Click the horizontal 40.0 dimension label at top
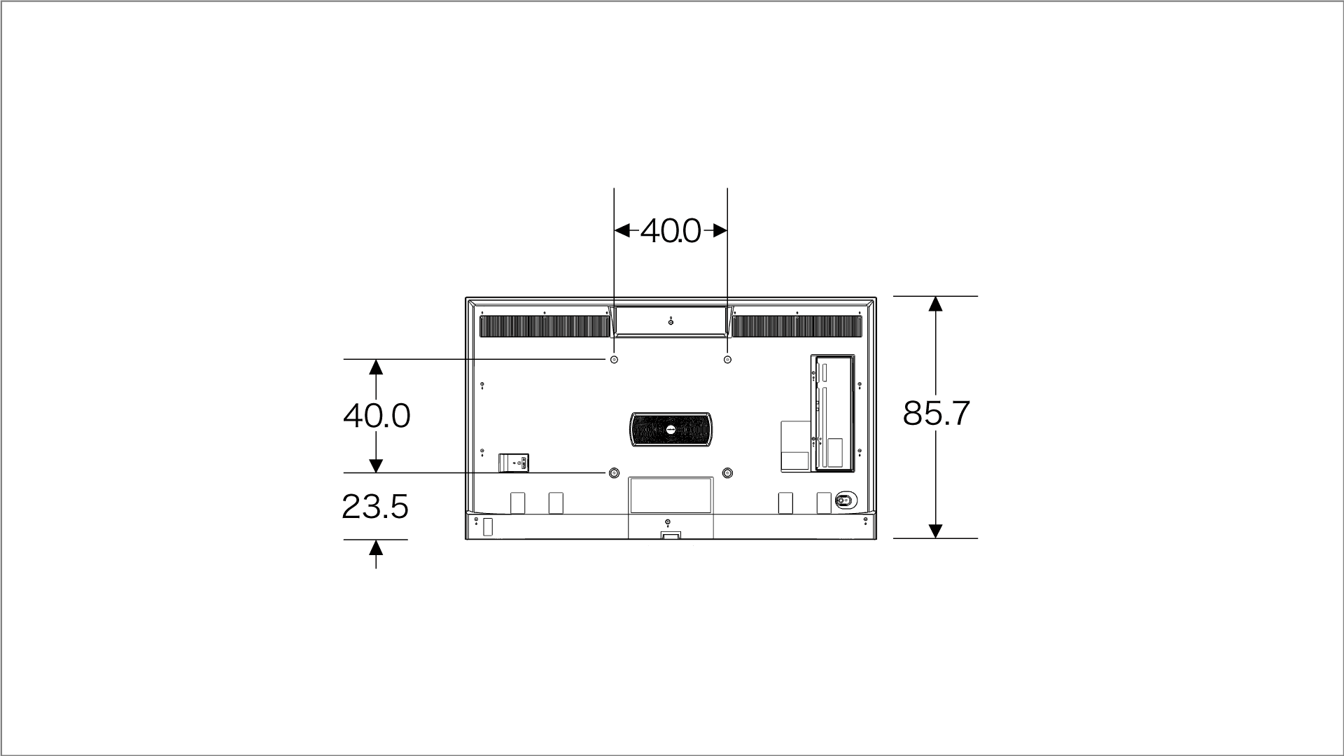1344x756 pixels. [x=670, y=231]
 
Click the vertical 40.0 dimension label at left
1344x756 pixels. [x=377, y=416]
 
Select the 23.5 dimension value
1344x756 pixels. [x=375, y=507]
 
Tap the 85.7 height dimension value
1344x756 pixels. [x=936, y=413]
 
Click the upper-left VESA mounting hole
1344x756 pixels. [x=614, y=360]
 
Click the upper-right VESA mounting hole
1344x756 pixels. [x=727, y=360]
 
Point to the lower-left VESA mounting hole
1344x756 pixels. [x=614, y=473]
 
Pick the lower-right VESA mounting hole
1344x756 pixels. [x=727, y=473]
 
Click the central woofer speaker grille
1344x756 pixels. [x=671, y=429]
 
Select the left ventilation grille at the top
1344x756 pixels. [x=545, y=326]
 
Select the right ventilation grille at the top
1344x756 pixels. [x=797, y=326]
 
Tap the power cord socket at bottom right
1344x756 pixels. [x=844, y=500]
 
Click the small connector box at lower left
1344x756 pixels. [x=514, y=463]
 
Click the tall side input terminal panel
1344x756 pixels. [x=833, y=413]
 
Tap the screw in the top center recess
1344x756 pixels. [x=671, y=321]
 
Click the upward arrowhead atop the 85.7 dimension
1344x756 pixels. [x=935, y=304]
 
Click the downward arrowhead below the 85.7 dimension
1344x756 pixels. [x=935, y=531]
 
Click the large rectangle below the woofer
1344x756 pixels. [x=671, y=495]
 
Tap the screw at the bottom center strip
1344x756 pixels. [x=667, y=522]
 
